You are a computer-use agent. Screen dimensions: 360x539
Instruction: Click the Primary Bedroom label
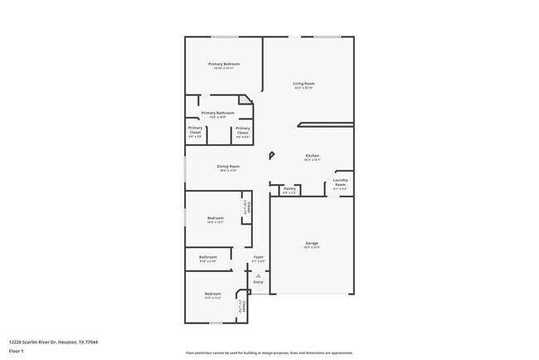point(224,64)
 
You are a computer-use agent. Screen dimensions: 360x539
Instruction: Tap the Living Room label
point(303,83)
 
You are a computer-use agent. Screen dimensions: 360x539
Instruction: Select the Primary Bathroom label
point(218,113)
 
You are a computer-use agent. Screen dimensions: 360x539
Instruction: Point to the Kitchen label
point(312,155)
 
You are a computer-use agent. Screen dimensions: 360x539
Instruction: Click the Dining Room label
point(228,167)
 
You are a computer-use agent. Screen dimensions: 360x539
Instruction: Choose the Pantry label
point(289,188)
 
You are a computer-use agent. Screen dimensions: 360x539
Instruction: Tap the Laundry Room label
point(340,182)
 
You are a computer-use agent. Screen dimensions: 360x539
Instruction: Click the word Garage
point(311,243)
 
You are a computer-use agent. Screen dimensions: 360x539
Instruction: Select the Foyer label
point(259,257)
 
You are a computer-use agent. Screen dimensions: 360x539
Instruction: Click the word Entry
point(259,282)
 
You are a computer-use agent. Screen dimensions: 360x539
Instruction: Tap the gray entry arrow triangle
point(258,275)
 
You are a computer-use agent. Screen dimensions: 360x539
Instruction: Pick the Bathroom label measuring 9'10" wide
point(207,257)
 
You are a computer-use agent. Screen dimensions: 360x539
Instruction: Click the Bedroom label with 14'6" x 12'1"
point(215,217)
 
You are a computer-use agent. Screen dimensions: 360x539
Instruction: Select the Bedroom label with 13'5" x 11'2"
point(213,294)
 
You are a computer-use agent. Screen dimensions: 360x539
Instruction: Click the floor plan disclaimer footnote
point(269,353)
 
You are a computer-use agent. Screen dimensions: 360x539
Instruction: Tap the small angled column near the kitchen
point(270,155)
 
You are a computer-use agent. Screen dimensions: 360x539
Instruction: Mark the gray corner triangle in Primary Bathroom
point(246,100)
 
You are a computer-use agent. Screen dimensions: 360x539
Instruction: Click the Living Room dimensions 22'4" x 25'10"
point(303,88)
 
